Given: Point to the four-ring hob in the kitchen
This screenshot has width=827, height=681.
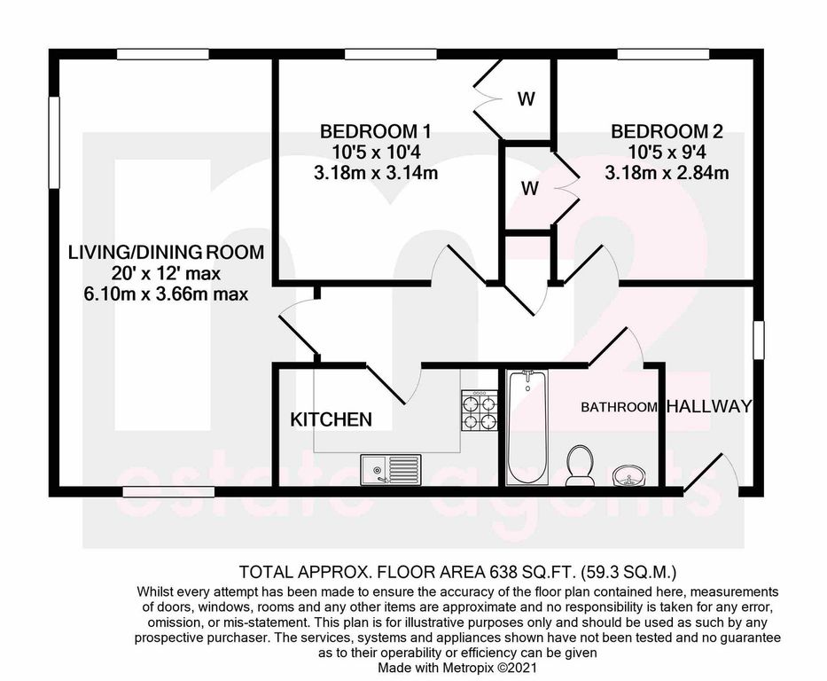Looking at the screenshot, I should pos(480,411).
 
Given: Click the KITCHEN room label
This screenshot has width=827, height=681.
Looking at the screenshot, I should pos(332,419).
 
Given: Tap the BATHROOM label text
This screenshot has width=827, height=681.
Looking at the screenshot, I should pos(620,407).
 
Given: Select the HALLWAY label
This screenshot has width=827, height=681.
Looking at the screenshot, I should pos(708,407).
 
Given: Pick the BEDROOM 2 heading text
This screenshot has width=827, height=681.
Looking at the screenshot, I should pos(667,132).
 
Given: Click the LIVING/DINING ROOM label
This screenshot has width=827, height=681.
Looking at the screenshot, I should pos(166,252).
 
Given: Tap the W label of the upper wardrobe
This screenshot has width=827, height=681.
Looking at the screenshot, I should pos(527,98).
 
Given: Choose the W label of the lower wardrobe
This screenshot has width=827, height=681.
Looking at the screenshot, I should pos(530,188).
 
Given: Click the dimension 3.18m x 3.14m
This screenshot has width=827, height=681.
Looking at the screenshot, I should pos(376,173).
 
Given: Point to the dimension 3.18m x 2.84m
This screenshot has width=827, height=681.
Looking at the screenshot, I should pos(667,173).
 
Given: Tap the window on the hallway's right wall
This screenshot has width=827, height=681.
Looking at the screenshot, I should pos(759,340).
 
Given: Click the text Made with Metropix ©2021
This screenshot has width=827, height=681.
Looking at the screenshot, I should pos(457,667).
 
